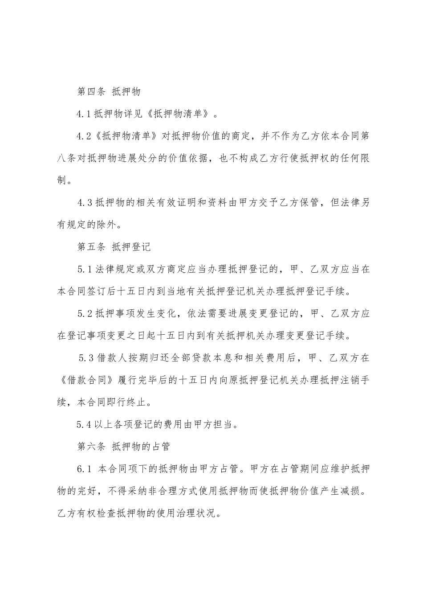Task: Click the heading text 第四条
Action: [91, 92]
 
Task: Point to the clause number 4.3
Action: [85, 202]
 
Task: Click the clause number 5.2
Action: [84, 313]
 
